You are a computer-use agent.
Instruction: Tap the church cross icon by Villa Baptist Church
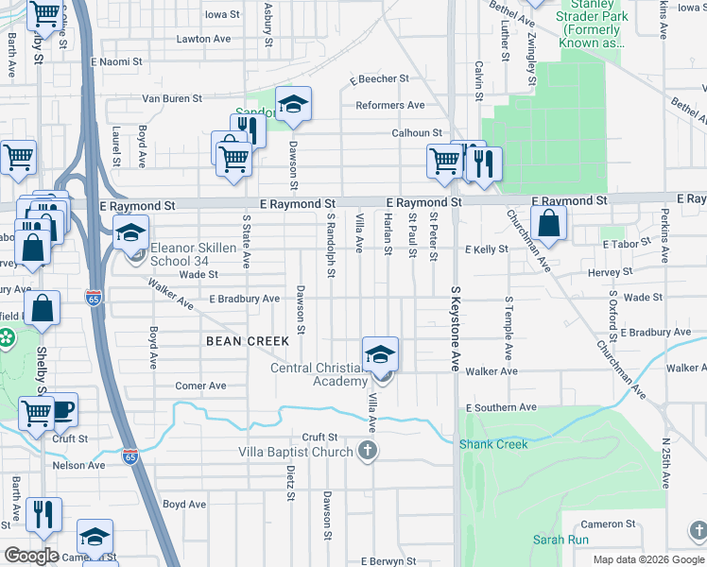(367, 452)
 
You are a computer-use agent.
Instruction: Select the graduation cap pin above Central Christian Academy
(379, 355)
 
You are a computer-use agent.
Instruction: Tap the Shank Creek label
(487, 444)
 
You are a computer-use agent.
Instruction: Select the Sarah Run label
(560, 540)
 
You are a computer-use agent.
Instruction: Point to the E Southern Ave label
(501, 407)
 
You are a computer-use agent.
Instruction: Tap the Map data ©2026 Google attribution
(648, 559)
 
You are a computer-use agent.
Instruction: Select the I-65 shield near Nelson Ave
(130, 457)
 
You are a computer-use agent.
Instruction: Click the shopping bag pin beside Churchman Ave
(548, 225)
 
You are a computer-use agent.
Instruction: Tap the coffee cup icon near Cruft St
(62, 409)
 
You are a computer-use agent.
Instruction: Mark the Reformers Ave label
(390, 105)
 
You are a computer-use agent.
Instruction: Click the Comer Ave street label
(200, 386)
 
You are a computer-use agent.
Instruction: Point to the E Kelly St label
(487, 249)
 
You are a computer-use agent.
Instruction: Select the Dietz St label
(289, 477)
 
